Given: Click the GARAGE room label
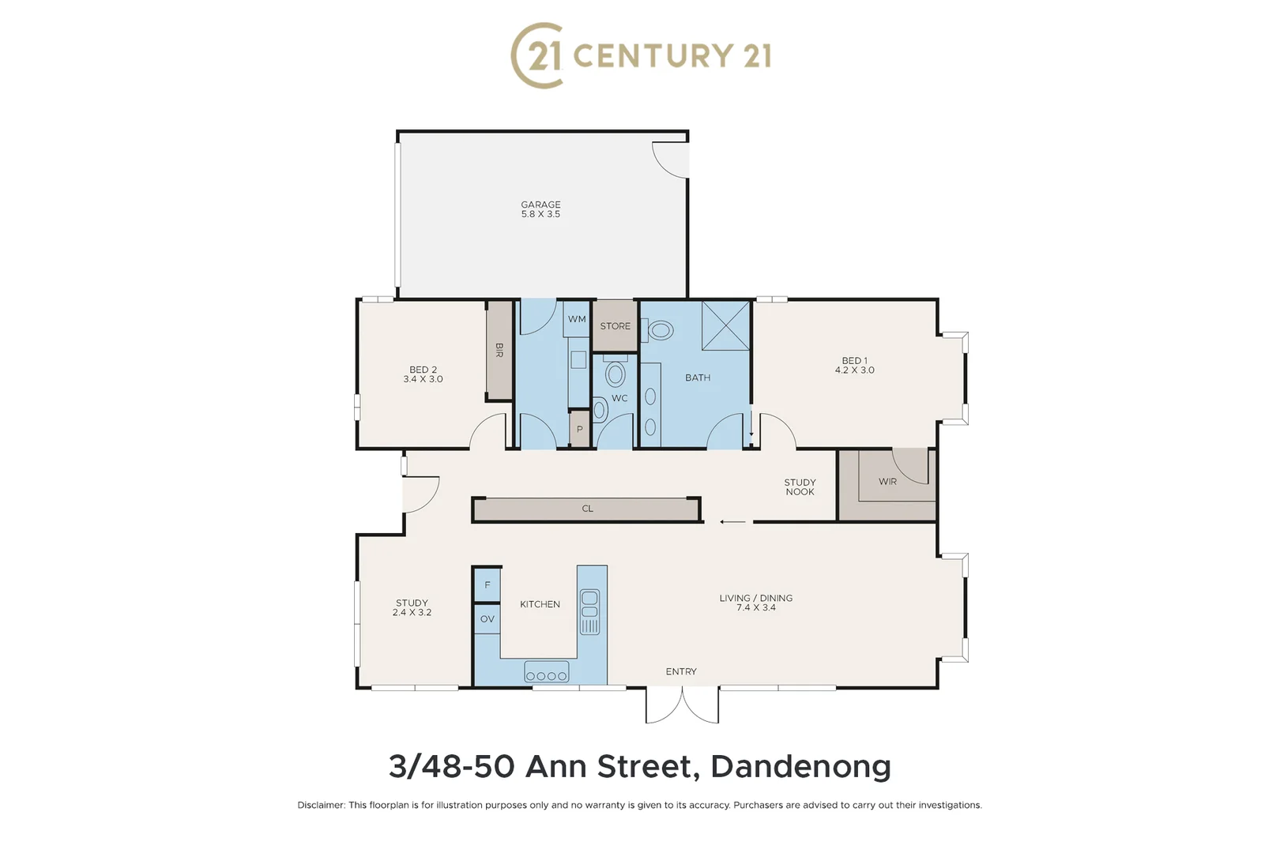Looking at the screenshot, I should pos(540,205).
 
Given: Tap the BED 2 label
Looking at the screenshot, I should pos(423,370).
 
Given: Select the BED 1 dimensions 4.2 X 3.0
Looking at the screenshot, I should pos(854,370).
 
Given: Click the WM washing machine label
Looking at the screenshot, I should pos(577,319).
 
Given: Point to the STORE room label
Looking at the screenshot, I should pos(615,326).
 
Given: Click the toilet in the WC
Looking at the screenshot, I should pos(615,374).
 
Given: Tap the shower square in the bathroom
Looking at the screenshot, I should pos(725,325).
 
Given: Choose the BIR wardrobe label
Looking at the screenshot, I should pos(499,350).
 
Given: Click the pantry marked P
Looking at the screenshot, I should pos(579,430).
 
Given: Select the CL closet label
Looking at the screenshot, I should pos(587,509).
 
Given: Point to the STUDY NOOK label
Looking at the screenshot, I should pos(800,487).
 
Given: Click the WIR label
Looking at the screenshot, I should pos(887,481).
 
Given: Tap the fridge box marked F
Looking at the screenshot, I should pos(487,585).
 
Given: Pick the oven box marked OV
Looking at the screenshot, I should pos(487,619).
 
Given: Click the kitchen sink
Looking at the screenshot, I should pos(589,611).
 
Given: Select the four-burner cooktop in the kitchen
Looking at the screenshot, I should pos(546,675).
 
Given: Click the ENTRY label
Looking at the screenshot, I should pos(680,671).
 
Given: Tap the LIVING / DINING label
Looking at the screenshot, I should pos(755,598).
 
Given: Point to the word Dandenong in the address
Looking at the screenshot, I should pos(800,766).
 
